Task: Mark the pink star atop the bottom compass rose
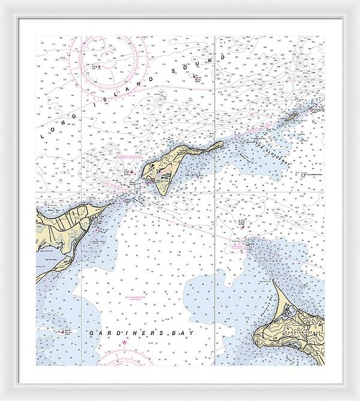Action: click(125, 342)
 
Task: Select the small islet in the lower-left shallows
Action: click(67, 330)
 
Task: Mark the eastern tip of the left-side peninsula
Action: click(112, 204)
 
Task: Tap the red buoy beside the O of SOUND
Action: click(196, 76)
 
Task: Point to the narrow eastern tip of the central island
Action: click(222, 143)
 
